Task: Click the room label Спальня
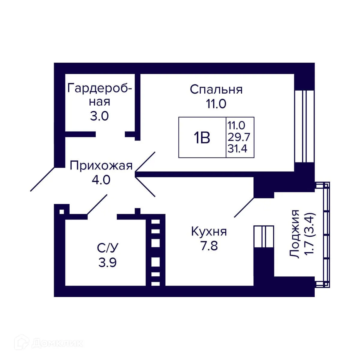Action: click(216, 89)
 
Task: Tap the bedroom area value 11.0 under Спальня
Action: click(215, 104)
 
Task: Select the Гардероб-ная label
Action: click(100, 95)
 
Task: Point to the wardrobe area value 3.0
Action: click(99, 116)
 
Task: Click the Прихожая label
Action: click(101, 166)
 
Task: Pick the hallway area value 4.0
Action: click(101, 180)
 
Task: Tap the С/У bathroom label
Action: click(107, 248)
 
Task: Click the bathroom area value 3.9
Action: click(107, 262)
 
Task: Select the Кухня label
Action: click(209, 232)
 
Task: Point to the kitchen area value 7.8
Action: click(209, 246)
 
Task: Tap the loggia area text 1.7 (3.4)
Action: click(309, 234)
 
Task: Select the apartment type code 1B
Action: click(202, 138)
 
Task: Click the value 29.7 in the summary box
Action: click(238, 137)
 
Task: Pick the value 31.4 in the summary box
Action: click(237, 148)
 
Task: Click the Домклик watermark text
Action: click(57, 343)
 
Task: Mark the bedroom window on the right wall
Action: click(304, 126)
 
